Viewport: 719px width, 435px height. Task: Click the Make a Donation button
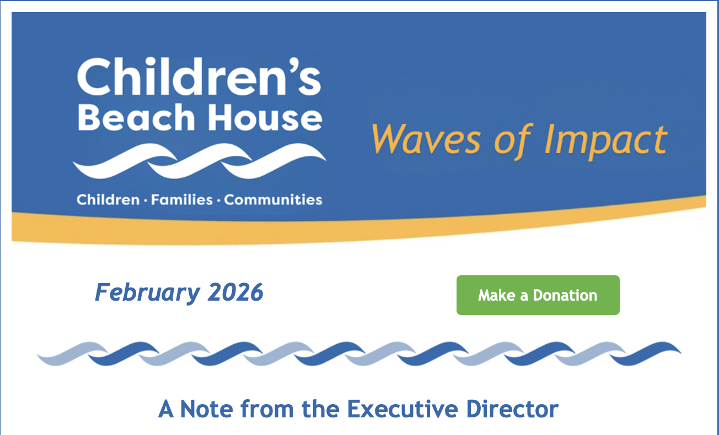(x=538, y=295)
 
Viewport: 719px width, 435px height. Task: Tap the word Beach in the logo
(x=132, y=117)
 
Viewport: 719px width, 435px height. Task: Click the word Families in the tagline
(x=181, y=199)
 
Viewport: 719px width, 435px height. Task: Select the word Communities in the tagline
(x=273, y=199)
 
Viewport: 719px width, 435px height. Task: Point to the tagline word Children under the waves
(x=108, y=199)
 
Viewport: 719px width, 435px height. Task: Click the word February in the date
(x=147, y=292)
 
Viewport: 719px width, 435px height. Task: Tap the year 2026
(x=235, y=292)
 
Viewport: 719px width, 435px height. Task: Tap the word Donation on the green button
(x=565, y=295)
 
